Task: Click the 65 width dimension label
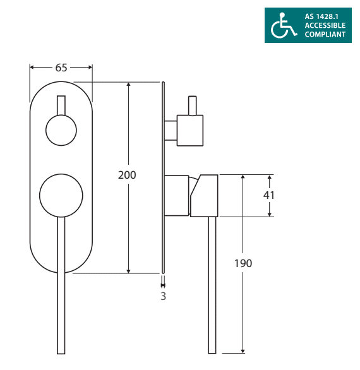[x=61, y=68]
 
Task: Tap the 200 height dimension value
[x=127, y=175]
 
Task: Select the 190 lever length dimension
[x=243, y=263]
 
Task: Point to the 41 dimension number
[x=269, y=195]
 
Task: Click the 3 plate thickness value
[x=164, y=296]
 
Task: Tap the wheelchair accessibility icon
[x=284, y=25]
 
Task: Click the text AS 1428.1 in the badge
[x=321, y=16]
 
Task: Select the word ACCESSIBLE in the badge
[x=325, y=25]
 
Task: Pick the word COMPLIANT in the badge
[x=325, y=34]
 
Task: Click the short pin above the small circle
[x=61, y=105]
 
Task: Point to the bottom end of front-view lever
[x=61, y=354]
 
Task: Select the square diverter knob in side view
[x=190, y=131]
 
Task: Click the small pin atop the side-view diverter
[x=193, y=105]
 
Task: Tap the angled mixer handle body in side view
[x=204, y=196]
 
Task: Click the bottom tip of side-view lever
[x=212, y=354]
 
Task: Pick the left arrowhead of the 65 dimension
[x=30, y=68]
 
